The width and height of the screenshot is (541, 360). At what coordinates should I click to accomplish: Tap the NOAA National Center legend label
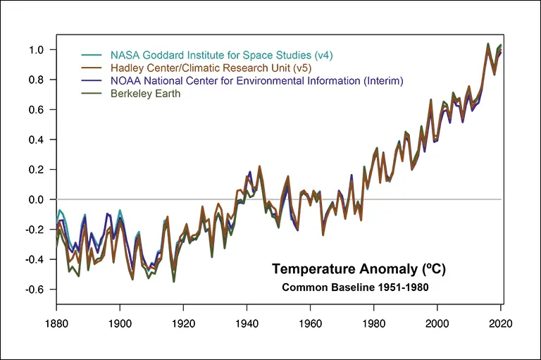[x=256, y=80]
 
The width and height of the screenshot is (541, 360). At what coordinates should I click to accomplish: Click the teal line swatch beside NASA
[x=91, y=54]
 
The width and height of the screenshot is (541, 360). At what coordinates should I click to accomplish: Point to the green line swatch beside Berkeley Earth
[x=91, y=94]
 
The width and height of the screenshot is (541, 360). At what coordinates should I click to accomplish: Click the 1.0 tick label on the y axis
[x=37, y=50]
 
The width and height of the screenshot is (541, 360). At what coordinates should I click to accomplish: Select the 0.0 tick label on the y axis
[x=37, y=199]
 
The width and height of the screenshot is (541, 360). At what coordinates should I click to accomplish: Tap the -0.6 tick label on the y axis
[x=35, y=290]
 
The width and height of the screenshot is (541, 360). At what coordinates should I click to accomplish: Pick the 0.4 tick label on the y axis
[x=37, y=139]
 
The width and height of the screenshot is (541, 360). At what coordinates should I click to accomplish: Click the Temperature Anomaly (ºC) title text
[x=359, y=269]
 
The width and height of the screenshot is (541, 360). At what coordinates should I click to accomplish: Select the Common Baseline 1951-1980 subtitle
[x=355, y=287]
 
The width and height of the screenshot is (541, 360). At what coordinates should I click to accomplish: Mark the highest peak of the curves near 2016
[x=488, y=44]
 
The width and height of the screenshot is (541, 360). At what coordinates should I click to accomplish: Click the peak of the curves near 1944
[x=259, y=167]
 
